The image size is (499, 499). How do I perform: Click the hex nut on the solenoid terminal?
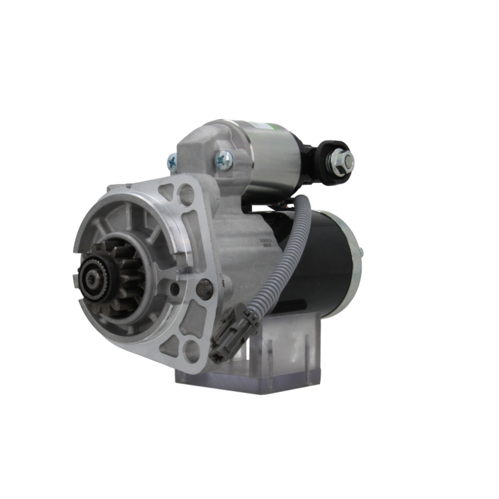[x=341, y=161]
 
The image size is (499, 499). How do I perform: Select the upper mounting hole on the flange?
[x=186, y=195]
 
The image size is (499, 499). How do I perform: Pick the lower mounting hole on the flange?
[x=191, y=351]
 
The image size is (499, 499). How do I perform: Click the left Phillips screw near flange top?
[x=172, y=163]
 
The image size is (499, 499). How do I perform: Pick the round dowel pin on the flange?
[x=204, y=288]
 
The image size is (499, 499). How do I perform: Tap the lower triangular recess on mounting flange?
[x=169, y=344]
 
